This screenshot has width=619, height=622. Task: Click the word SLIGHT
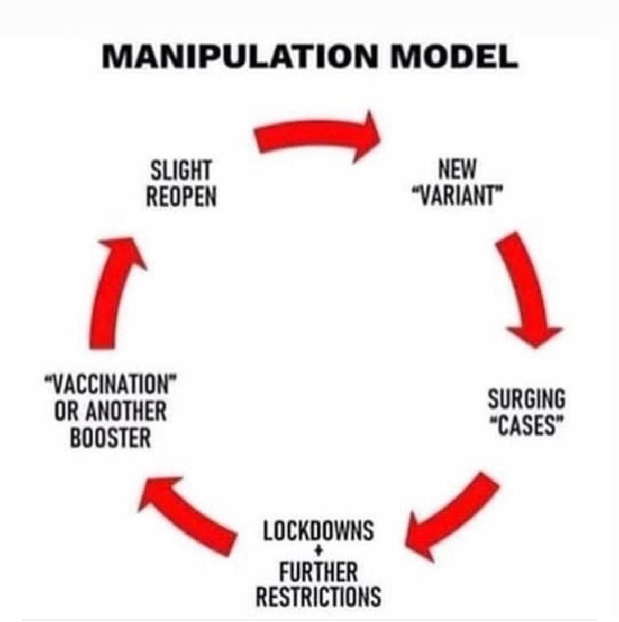click(181, 171)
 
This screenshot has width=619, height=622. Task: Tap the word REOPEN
click(181, 197)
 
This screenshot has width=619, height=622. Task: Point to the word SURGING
click(526, 399)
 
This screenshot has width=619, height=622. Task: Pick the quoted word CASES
click(526, 425)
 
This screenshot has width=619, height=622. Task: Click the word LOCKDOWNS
click(318, 530)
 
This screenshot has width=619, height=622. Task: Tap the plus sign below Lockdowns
click(318, 553)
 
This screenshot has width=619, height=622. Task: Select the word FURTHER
click(318, 573)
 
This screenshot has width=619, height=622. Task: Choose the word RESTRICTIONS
click(318, 596)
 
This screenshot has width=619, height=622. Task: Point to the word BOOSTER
click(111, 438)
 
